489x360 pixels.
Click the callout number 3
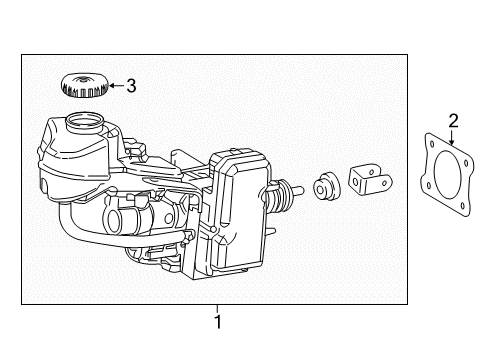tap(131, 86)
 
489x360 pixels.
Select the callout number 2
tap(453, 121)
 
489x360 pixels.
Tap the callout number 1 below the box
tap(218, 322)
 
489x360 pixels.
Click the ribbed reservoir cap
tap(84, 85)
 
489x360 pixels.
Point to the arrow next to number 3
tap(116, 86)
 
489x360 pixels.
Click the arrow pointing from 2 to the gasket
tap(452, 138)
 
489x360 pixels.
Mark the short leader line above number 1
tap(217, 309)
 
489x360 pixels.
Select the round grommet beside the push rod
tap(327, 186)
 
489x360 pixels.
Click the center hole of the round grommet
tap(320, 190)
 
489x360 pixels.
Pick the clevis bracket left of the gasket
tap(370, 181)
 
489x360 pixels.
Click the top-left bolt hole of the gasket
tap(432, 144)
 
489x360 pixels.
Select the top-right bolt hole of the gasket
tap(466, 163)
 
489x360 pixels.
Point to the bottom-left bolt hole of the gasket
tap(429, 185)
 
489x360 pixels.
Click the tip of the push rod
tap(302, 191)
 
